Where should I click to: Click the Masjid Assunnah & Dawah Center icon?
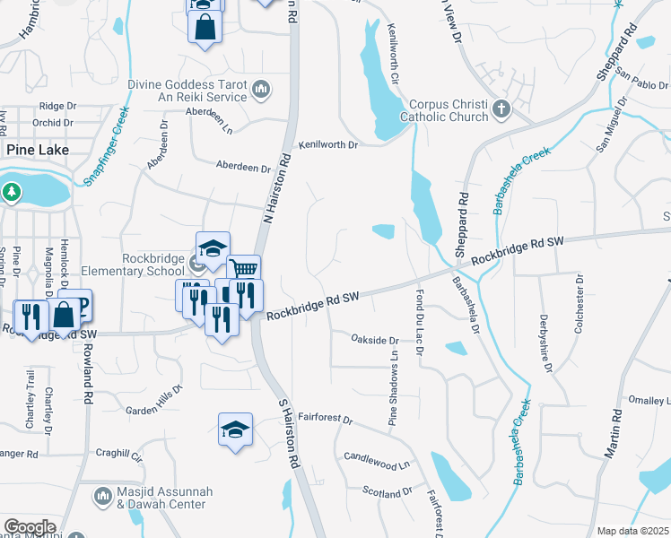coord(102,494)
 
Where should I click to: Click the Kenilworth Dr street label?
coord(328,144)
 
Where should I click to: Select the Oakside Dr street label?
coord(374,341)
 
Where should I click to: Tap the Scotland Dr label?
coord(387,491)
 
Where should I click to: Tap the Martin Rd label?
coord(613,435)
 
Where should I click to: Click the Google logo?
coord(30,527)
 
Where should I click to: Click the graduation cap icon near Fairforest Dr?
coord(235,430)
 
